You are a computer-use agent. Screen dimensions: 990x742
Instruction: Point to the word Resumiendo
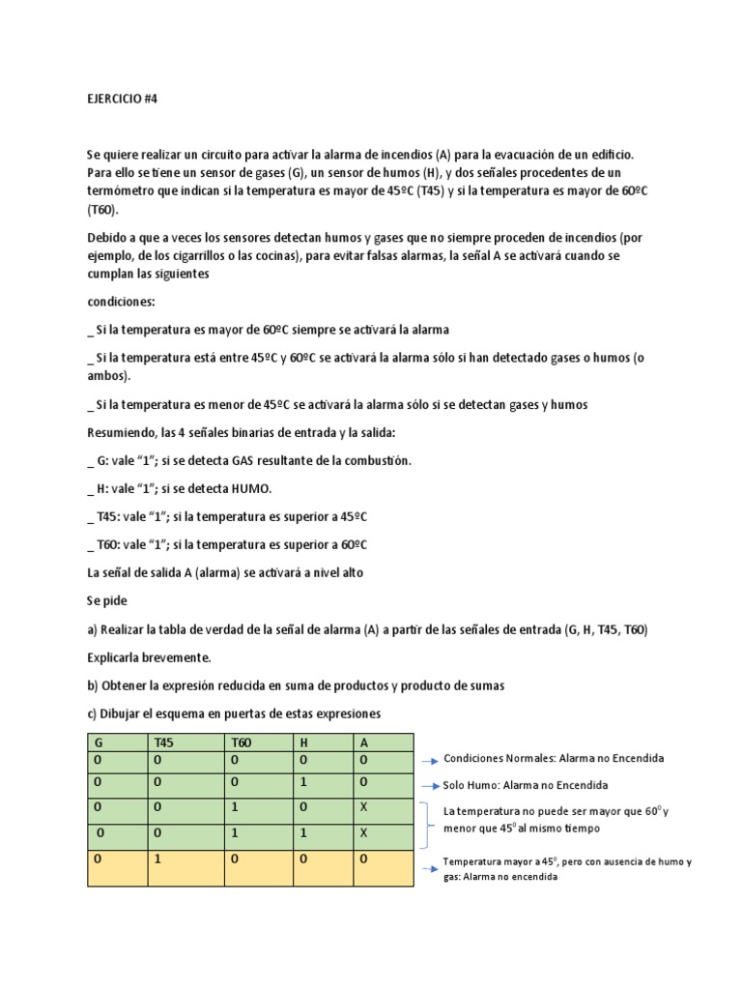(122, 431)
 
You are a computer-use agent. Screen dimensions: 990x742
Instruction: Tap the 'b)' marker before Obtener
(93, 685)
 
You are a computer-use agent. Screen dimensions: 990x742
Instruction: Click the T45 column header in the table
(166, 742)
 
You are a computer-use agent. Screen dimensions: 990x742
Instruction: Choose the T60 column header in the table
(242, 742)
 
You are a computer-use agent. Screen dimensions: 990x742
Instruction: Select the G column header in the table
(98, 742)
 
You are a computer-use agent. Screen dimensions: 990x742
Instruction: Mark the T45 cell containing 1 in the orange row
(158, 858)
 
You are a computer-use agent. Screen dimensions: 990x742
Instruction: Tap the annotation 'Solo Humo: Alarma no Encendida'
(526, 785)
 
